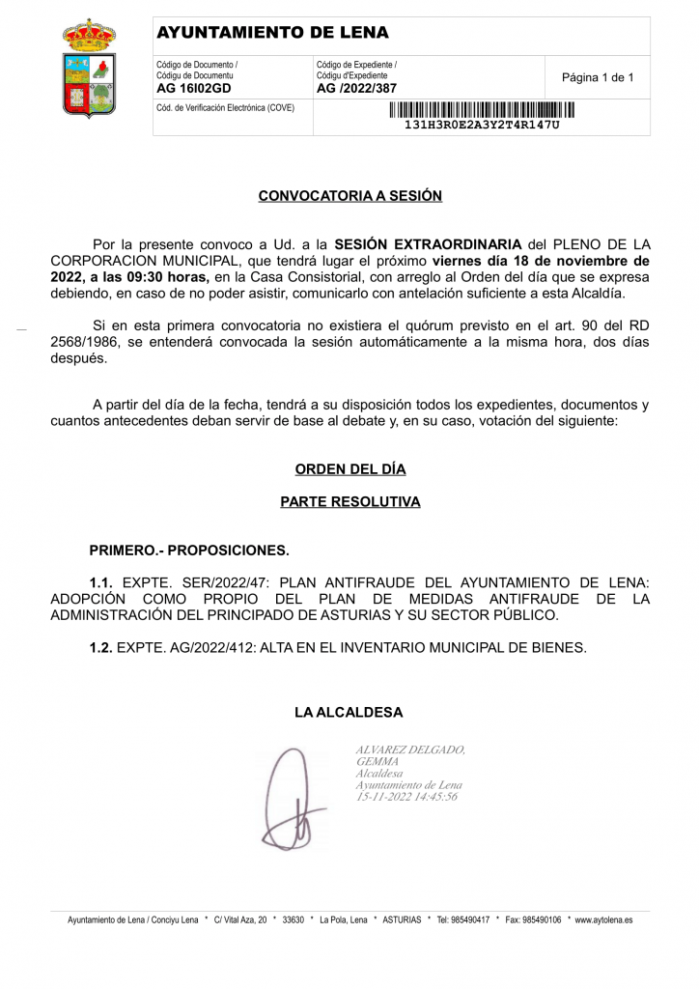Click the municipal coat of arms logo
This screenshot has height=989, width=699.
click(89, 70)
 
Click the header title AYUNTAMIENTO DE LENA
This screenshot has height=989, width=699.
click(272, 33)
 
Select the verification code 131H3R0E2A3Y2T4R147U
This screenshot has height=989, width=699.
click(481, 126)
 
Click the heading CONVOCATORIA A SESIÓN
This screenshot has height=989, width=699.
click(349, 196)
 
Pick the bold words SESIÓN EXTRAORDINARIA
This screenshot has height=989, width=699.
click(428, 244)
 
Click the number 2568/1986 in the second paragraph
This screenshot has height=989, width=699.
click(84, 343)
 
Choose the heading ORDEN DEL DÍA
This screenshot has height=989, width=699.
click(349, 469)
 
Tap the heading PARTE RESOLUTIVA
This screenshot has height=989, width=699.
click(349, 502)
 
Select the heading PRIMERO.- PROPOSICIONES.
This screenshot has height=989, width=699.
click(189, 551)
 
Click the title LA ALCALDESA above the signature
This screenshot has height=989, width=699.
click(349, 713)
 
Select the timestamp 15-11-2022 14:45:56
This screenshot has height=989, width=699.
click(406, 797)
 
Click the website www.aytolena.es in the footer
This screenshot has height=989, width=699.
click(603, 920)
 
